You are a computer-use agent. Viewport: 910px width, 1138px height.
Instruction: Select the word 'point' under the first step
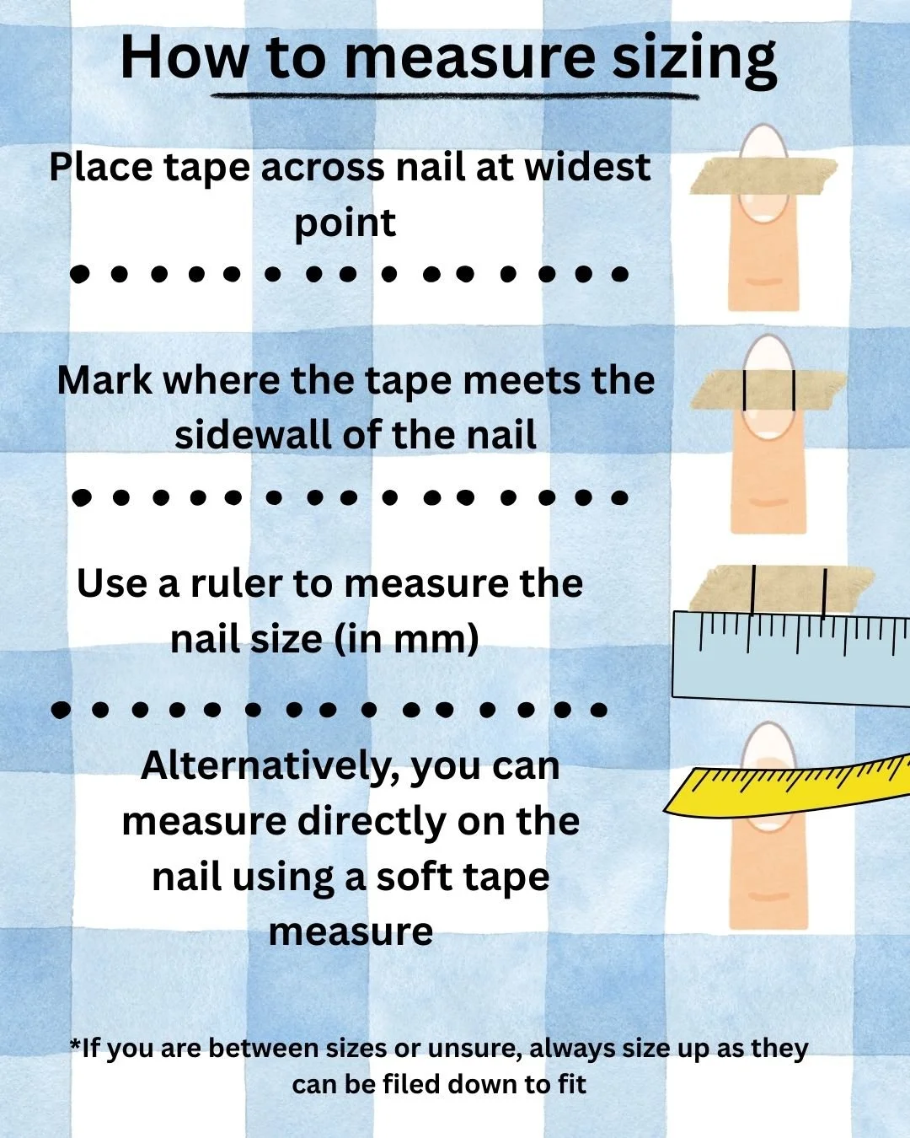[345, 223]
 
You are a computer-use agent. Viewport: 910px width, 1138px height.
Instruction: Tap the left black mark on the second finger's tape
[745, 389]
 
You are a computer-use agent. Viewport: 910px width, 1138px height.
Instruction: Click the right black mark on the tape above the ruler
[824, 592]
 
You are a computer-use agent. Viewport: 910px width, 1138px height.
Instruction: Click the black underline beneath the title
[455, 95]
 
